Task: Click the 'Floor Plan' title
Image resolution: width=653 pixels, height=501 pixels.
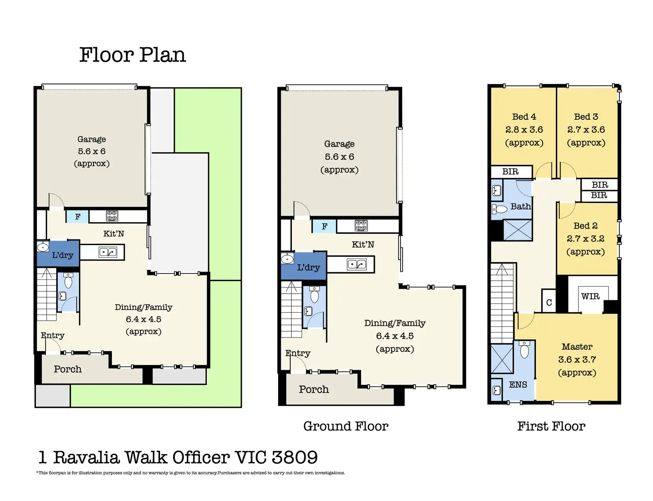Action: tap(133, 55)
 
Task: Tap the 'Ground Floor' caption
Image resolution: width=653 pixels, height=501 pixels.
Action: tap(346, 426)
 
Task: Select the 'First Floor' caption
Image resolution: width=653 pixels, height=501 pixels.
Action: tap(551, 426)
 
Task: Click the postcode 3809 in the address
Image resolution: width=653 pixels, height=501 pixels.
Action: tap(295, 457)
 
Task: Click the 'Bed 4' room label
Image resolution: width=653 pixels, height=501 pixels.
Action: tap(524, 117)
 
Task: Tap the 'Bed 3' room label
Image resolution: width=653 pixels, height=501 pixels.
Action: tap(586, 117)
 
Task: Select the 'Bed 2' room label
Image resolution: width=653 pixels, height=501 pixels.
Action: tap(586, 226)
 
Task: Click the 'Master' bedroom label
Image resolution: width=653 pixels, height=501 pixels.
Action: tap(577, 347)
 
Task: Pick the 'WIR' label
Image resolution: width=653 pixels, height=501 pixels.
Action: tap(590, 297)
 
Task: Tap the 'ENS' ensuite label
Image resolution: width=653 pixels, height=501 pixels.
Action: tap(518, 385)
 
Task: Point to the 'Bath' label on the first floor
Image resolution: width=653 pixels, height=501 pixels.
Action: tap(521, 207)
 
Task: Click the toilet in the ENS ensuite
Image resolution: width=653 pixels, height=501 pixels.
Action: tap(524, 350)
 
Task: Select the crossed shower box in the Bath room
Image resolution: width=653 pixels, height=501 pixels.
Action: tap(517, 230)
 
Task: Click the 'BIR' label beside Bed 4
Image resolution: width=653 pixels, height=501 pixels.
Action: tap(510, 172)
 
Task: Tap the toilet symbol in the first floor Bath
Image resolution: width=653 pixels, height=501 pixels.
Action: tap(500, 209)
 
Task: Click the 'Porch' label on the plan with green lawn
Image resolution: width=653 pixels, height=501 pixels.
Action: tap(67, 369)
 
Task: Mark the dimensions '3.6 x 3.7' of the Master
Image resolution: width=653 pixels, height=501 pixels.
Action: tap(577, 360)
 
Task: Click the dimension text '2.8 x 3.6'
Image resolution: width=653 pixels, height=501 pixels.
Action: tap(524, 130)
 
